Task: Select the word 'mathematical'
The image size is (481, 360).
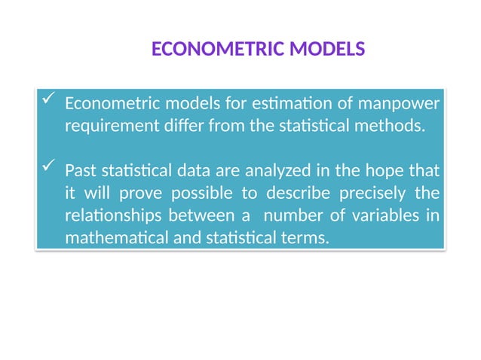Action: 112,239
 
